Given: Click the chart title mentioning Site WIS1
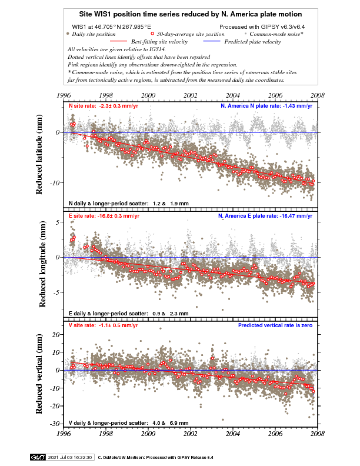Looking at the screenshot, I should coord(191,13).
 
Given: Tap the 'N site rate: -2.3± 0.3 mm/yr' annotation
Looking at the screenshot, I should coord(104,106).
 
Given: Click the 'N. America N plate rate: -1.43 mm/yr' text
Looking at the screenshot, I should coord(268,106).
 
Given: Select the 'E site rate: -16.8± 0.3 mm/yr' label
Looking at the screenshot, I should coord(104,216).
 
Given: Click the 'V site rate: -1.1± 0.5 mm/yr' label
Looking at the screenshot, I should coord(103,325).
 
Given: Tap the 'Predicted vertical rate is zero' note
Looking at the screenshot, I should coord(276,325).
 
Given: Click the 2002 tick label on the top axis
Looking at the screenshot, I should coord(191,95).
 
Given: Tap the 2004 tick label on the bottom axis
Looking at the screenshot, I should coord(233,436).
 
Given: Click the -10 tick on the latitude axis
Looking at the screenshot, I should coord(56,183).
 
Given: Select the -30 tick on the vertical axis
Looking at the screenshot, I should coord(56,424).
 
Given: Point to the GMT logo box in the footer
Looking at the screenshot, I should coord(37,457).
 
